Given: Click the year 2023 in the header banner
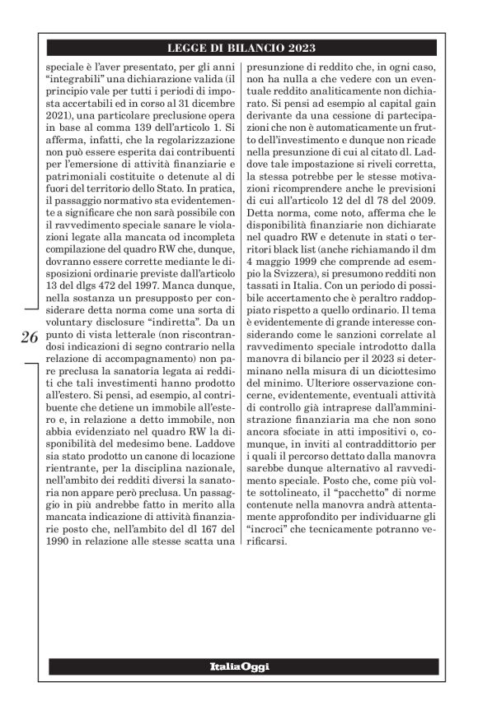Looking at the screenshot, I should [x=302, y=48].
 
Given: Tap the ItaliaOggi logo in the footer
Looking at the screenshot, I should [x=238, y=666].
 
